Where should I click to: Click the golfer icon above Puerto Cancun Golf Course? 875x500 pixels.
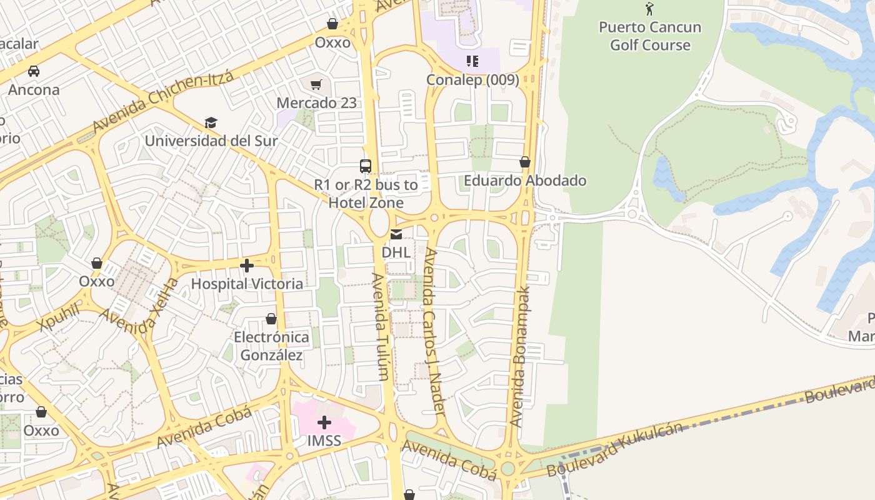tap(649, 9)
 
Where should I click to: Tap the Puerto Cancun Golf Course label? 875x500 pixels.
tap(650, 36)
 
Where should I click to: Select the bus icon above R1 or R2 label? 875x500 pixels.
tap(366, 166)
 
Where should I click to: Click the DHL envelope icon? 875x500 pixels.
tap(396, 235)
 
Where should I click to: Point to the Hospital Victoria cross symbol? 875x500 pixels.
tap(247, 266)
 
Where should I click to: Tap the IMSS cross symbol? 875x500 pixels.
tap(324, 423)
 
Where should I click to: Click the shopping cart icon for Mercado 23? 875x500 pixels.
tap(316, 84)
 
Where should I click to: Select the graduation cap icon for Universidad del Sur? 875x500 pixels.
tap(211, 123)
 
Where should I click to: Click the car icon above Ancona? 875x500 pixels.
tap(34, 71)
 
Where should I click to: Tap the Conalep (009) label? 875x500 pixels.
tap(472, 80)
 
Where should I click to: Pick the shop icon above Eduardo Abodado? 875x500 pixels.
tap(525, 162)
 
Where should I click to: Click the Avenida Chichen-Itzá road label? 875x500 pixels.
tap(162, 101)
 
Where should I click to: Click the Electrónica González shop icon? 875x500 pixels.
tap(271, 319)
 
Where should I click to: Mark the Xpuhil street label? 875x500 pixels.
tap(59, 317)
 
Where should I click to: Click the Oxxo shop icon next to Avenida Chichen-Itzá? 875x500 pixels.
tap(332, 24)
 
